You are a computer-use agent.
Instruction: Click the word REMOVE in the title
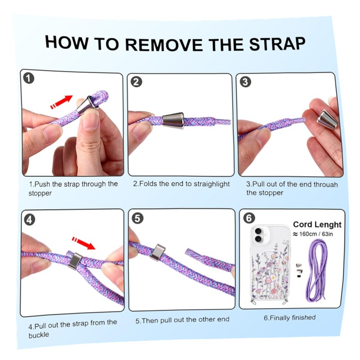tap(164, 44)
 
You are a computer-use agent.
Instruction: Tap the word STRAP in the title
tap(277, 44)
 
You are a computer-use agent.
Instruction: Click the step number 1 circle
tap(29, 78)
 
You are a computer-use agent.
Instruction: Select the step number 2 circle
tap(136, 82)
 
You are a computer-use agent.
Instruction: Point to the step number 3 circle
tap(245, 82)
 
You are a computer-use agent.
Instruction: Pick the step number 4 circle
tap(29, 220)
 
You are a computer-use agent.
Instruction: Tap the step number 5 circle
tap(138, 218)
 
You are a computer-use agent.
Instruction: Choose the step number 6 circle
tap(249, 218)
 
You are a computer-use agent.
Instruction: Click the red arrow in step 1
tap(61, 102)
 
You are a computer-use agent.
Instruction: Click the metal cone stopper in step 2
tap(173, 120)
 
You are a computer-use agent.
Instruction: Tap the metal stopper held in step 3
tap(327, 120)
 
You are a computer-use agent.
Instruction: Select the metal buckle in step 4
tap(75, 261)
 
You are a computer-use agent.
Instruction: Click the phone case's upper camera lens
tap(258, 230)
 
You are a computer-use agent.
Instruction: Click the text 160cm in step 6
tap(308, 234)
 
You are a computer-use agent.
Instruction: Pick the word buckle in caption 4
tap(39, 335)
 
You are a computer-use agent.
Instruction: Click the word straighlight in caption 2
tap(211, 184)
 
